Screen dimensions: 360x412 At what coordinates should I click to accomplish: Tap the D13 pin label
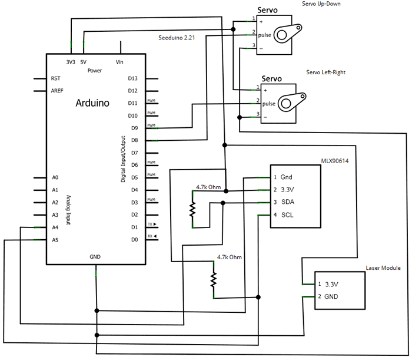click(x=132, y=78)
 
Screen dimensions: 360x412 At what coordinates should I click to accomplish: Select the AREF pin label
click(x=58, y=91)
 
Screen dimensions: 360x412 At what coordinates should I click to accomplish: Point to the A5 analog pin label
click(x=55, y=240)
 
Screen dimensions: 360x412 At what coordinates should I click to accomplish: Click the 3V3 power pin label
click(x=71, y=62)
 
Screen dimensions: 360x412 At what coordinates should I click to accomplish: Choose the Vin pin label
click(x=121, y=62)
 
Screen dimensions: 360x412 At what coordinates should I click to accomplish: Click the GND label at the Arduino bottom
click(x=95, y=257)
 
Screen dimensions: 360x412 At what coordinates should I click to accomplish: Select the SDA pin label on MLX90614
click(x=287, y=202)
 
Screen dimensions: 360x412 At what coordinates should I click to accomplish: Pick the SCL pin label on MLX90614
click(x=287, y=214)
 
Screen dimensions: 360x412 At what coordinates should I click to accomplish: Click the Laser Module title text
click(x=383, y=267)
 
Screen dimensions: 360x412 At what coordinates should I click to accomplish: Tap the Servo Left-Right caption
click(x=325, y=72)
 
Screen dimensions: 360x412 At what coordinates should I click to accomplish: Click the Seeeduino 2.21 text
click(x=177, y=38)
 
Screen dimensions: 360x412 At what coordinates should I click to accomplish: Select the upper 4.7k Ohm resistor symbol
click(x=191, y=209)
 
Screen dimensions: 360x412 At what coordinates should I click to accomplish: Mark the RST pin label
click(x=56, y=78)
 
